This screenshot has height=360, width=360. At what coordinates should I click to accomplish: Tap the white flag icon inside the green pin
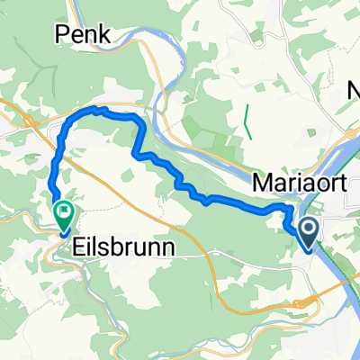click(x=64, y=213)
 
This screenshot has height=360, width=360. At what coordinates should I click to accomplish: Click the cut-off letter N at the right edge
click(x=354, y=91)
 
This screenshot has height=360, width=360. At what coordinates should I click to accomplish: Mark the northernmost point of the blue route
click(x=96, y=109)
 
